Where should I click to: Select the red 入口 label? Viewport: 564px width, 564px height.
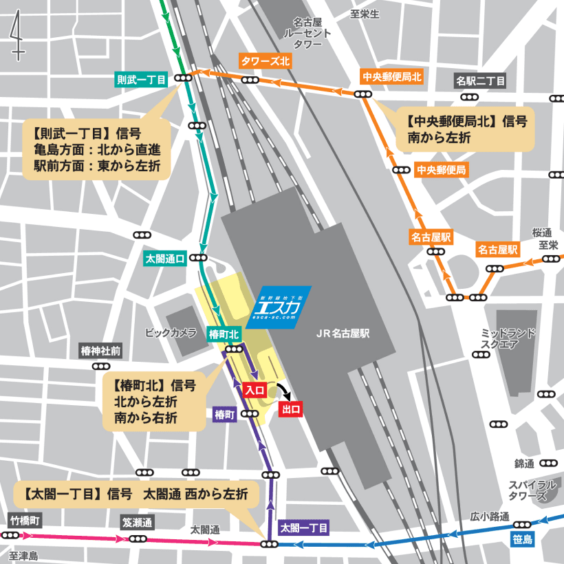(x=255, y=390)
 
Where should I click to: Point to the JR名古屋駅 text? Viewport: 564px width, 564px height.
(x=343, y=334)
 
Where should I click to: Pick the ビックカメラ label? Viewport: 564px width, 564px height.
(x=171, y=333)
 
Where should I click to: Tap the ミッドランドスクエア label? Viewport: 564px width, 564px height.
(x=508, y=338)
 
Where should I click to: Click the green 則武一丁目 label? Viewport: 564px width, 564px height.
(x=142, y=80)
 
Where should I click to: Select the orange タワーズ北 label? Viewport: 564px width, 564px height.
(x=265, y=61)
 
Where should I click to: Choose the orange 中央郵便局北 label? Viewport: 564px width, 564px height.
(x=391, y=76)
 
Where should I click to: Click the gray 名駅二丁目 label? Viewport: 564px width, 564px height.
(x=481, y=81)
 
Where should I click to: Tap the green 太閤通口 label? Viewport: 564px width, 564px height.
(x=165, y=259)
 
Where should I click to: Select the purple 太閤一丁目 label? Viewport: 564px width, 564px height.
(x=304, y=528)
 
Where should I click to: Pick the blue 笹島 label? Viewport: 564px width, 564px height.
(x=523, y=539)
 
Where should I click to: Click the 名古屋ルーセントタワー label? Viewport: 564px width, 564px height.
(x=307, y=33)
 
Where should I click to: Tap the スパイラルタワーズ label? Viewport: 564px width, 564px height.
(x=528, y=490)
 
